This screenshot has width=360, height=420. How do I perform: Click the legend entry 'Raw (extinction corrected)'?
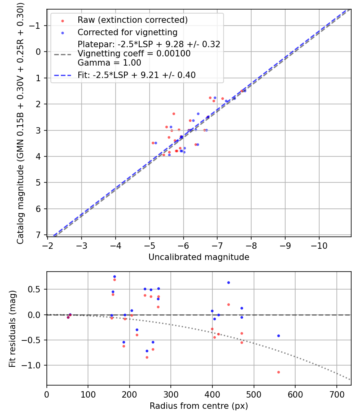[x=132, y=20]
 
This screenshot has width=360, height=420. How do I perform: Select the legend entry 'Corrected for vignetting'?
[x=127, y=32]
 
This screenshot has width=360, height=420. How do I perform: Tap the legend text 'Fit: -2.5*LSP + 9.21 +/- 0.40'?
[x=136, y=75]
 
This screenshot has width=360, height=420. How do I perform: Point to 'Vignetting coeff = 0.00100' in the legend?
[x=134, y=54]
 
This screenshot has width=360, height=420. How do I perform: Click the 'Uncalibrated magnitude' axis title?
[x=199, y=257]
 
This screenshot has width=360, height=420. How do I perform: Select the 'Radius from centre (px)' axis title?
[x=199, y=406]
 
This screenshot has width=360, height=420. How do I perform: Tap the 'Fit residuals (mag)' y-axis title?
[x=12, y=328]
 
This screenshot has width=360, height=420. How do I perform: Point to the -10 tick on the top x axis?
[x=319, y=244]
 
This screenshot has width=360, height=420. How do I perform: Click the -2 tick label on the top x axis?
[x=48, y=244]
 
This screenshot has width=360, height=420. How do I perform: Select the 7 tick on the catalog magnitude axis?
[x=38, y=235]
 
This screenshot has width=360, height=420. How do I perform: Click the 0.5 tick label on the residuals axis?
[x=36, y=289]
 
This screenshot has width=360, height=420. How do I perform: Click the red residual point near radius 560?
[x=278, y=372]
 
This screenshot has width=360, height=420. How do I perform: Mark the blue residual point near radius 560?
[x=278, y=336]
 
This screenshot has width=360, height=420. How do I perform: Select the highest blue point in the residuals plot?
[x=114, y=276]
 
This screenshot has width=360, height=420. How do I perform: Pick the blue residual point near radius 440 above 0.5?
[x=228, y=282]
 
